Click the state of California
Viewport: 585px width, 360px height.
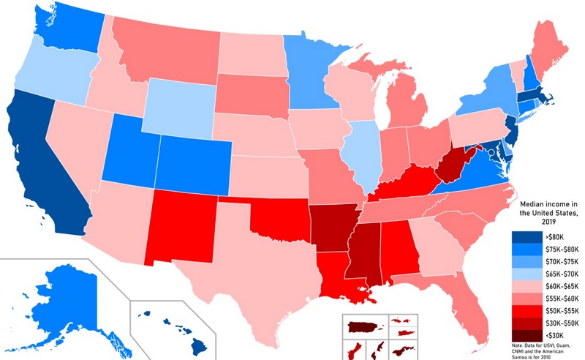(44, 168)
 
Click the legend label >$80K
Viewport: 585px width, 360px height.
(555, 236)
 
